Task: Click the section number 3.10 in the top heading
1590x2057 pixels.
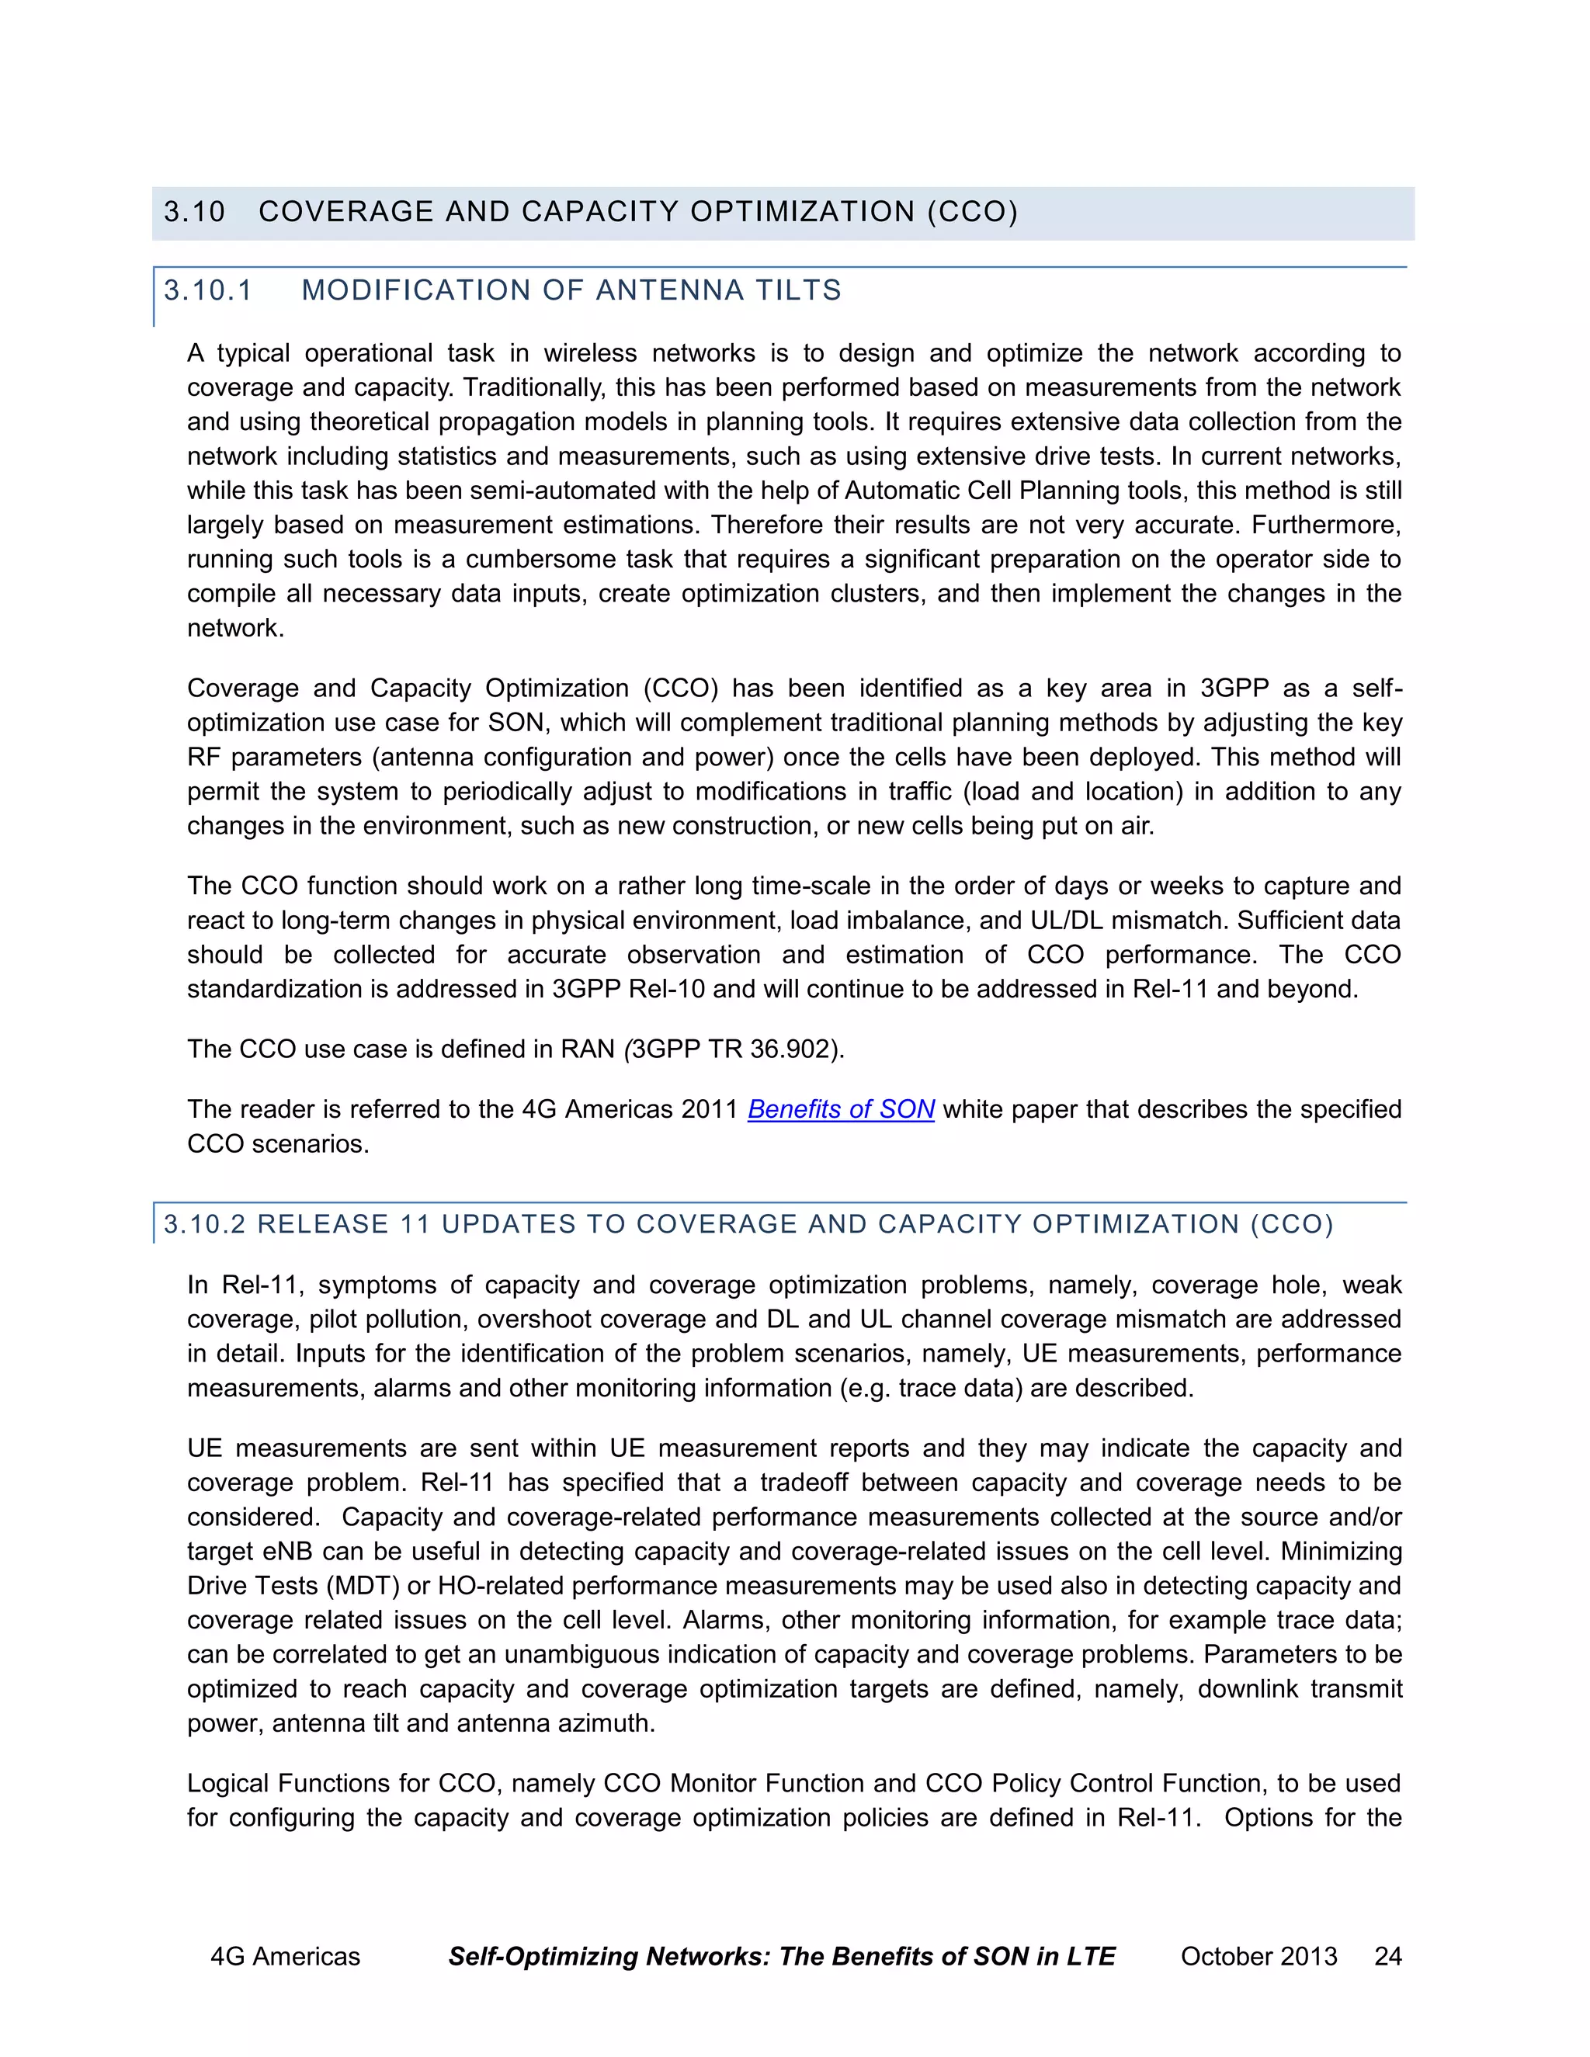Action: pyautogui.click(x=194, y=212)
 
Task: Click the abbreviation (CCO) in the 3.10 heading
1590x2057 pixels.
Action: pyautogui.click(x=972, y=212)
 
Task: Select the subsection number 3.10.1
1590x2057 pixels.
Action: pyautogui.click(x=208, y=290)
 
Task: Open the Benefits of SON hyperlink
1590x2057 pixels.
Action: pyautogui.click(x=840, y=1109)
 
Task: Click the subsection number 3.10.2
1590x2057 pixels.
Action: pyautogui.click(x=204, y=1224)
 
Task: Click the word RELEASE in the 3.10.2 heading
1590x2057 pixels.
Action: pyautogui.click(x=323, y=1224)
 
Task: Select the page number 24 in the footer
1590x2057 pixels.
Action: pyautogui.click(x=1387, y=1956)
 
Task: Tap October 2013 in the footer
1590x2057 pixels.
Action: pyautogui.click(x=1258, y=1956)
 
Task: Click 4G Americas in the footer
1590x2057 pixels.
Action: pyautogui.click(x=284, y=1956)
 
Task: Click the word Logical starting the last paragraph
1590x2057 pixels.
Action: pyautogui.click(x=228, y=1784)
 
